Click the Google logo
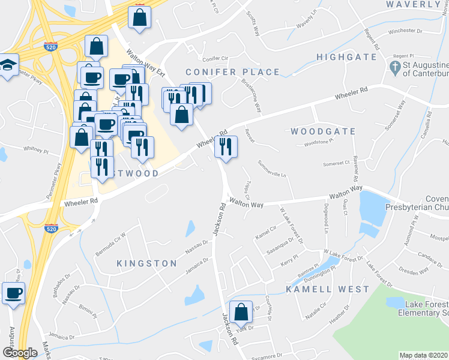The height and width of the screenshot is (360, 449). (19, 353)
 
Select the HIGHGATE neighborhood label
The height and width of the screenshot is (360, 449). (347, 58)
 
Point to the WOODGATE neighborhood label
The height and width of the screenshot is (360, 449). (323, 131)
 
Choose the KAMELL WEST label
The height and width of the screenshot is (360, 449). (327, 289)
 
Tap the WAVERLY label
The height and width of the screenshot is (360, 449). (414, 5)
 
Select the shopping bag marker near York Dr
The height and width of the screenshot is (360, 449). (241, 311)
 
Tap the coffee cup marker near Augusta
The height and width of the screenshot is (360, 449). (14, 293)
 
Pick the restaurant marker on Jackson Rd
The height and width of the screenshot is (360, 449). (226, 146)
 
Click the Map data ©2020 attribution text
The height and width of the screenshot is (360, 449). (423, 355)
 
